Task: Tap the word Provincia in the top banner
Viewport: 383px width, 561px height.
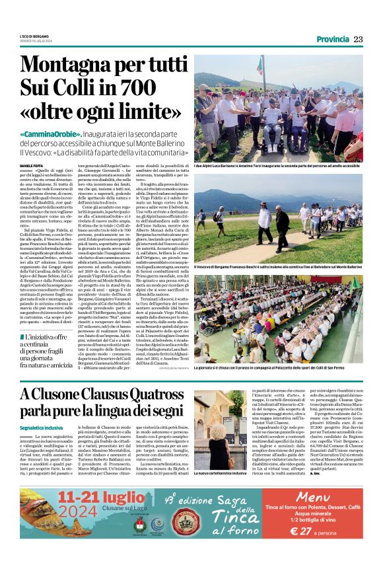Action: (332, 39)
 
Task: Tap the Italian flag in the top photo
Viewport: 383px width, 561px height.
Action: (260, 65)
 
